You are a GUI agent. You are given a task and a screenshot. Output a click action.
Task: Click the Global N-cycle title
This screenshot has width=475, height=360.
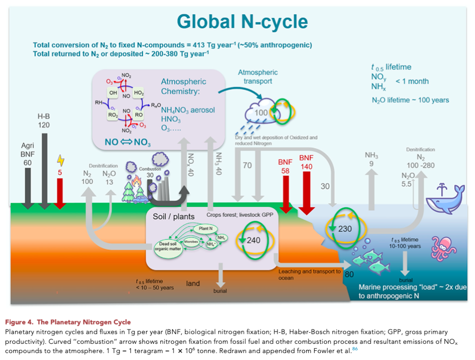click(x=242, y=21)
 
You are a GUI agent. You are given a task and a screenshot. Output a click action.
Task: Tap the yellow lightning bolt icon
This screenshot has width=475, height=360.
click(x=60, y=161)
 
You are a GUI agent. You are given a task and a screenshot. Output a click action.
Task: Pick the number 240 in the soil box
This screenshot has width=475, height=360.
click(x=254, y=240)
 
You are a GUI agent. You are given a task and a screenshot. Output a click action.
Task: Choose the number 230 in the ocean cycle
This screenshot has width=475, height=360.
click(x=345, y=229)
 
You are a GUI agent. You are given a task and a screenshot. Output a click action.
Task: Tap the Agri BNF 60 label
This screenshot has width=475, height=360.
click(x=27, y=154)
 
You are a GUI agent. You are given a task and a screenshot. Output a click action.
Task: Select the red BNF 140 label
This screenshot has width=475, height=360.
click(x=307, y=162)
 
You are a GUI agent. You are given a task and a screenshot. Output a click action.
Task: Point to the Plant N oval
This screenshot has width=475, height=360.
click(x=205, y=229)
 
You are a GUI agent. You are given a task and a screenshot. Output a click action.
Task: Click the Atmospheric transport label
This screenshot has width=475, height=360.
click(x=258, y=77)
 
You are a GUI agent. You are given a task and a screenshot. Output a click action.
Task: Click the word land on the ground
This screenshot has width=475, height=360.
click(x=193, y=283)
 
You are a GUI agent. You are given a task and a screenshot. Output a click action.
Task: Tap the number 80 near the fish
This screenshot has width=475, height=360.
click(x=349, y=274)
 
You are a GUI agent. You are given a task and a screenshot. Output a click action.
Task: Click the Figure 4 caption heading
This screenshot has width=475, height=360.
click(x=68, y=322)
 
